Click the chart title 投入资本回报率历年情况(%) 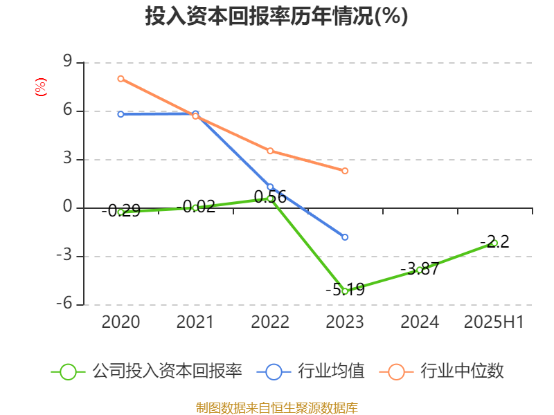coord(276,17)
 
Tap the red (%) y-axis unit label coord(41,87)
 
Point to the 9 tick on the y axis coord(67,62)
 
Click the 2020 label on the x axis coord(120,322)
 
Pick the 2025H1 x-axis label coord(494,322)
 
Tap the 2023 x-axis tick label coord(345,322)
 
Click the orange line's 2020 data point coord(120,79)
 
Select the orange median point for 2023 coord(345,171)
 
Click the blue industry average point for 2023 coord(345,237)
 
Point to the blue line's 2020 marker coord(120,114)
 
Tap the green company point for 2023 coord(345,291)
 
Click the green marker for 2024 coord(420,270)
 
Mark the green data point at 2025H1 coord(494,243)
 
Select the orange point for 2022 coord(270,151)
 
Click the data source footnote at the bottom coord(276,407)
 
